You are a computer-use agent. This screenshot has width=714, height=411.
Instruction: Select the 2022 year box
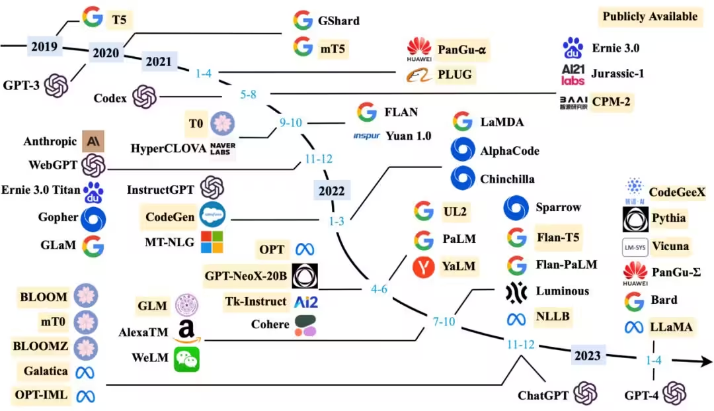[x=332, y=191]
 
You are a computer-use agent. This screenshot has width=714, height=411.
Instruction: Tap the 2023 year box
[x=588, y=355]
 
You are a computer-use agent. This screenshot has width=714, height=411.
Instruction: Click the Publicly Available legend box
[x=650, y=17]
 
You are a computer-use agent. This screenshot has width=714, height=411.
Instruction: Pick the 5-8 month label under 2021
[x=249, y=95]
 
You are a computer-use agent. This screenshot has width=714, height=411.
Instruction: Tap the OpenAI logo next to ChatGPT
[x=585, y=394]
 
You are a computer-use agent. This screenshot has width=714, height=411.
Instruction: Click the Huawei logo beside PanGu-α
[x=418, y=49]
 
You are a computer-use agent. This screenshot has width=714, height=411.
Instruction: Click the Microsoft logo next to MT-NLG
[x=212, y=242]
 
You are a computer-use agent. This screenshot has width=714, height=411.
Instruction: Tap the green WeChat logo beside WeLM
[x=186, y=359]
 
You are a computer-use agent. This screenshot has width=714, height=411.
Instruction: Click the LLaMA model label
[x=671, y=326]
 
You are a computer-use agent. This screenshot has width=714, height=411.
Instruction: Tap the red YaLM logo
[x=423, y=266]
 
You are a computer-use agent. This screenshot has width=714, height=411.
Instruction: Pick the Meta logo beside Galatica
[x=85, y=372]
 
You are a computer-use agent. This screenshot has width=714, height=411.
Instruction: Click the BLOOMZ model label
[x=40, y=345]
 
